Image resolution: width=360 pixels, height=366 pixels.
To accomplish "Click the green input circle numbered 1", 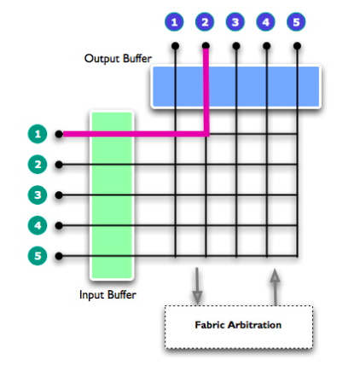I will [x=36, y=134].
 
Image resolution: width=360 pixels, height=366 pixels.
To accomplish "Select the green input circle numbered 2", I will [x=36, y=164].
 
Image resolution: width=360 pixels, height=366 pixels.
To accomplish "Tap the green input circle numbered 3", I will [x=36, y=195].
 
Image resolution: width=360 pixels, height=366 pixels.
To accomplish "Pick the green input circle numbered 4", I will [x=36, y=225].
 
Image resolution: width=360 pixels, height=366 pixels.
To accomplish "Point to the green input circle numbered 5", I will [x=36, y=256].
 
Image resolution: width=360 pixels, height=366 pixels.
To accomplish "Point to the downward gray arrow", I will [x=197, y=285].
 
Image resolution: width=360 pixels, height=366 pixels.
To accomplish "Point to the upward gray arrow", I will [x=275, y=285].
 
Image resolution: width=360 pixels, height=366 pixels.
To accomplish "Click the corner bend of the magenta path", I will [x=206, y=134].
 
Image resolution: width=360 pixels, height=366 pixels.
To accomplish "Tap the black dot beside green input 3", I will [x=59, y=195].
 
